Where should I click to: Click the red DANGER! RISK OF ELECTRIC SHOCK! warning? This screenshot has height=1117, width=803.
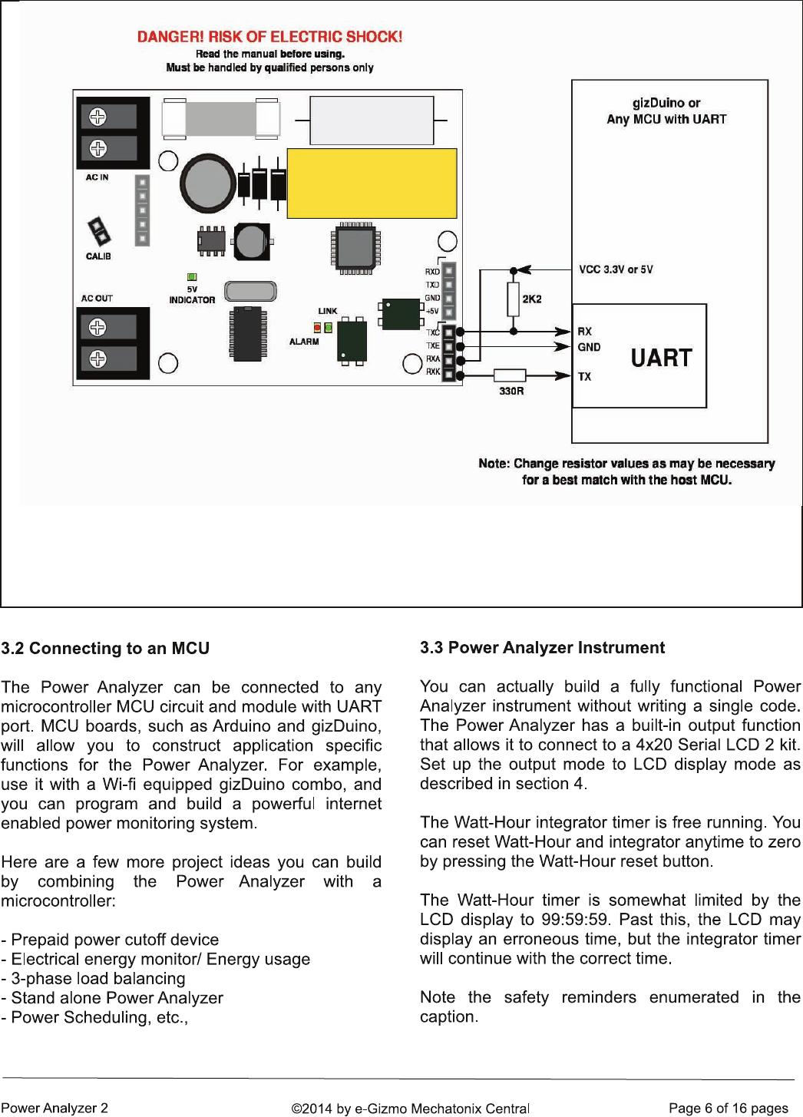[x=269, y=37]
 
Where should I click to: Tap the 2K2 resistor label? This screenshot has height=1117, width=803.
[x=532, y=299]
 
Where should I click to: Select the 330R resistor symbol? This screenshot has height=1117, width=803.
[x=510, y=375]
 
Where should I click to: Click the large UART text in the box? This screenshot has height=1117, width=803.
[x=661, y=358]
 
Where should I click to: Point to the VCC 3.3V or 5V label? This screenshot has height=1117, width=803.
[x=616, y=269]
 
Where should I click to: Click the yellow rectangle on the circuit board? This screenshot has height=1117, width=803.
[x=372, y=183]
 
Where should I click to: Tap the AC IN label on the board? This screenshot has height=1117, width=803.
[x=97, y=177]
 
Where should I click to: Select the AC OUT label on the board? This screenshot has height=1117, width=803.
[x=97, y=298]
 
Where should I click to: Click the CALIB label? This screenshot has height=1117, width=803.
[x=98, y=256]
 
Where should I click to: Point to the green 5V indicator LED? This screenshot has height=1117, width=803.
[x=192, y=277]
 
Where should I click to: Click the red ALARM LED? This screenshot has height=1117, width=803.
[x=318, y=328]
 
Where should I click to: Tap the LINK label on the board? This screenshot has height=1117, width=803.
[x=328, y=311]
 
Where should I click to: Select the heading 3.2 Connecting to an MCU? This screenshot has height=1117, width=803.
[x=105, y=649]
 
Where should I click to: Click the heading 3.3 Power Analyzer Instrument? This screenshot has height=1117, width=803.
[x=542, y=648]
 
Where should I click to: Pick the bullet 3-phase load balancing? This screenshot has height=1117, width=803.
[x=93, y=979]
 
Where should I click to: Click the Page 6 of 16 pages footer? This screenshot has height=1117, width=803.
[x=728, y=1108]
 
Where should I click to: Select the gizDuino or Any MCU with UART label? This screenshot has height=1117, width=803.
[x=666, y=111]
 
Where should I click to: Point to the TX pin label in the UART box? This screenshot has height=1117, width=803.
[x=584, y=377]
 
